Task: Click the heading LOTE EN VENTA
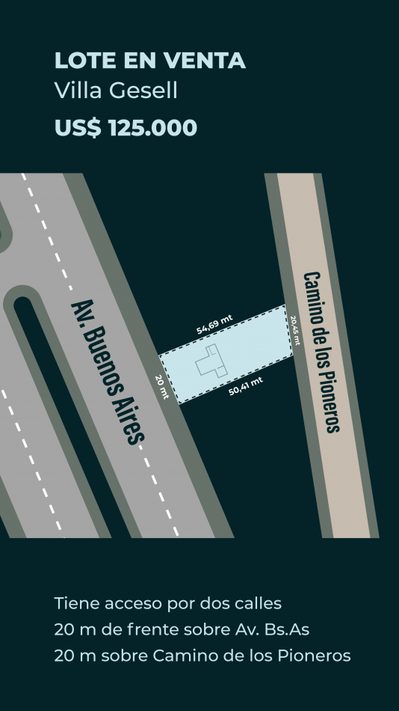(150, 61)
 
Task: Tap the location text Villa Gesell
(116, 91)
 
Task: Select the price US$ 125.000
(126, 127)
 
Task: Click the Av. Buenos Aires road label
(108, 372)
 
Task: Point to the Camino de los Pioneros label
(321, 352)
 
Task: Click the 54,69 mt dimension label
(214, 324)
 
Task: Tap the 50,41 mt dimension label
(246, 386)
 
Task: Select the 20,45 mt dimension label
(295, 331)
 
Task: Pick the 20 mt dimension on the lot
(161, 387)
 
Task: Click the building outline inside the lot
(211, 361)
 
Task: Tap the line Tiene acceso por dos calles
(168, 604)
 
